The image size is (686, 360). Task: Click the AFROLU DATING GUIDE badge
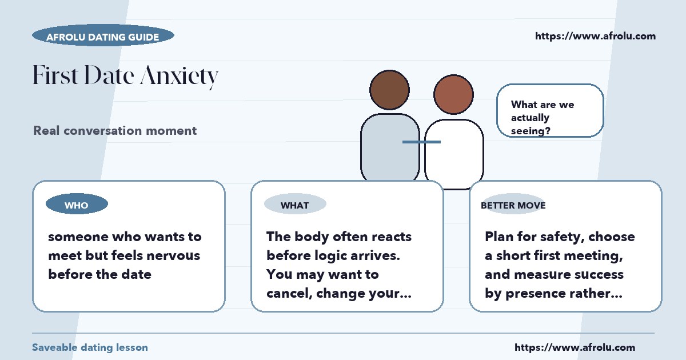click(103, 35)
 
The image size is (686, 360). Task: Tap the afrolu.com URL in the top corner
click(595, 36)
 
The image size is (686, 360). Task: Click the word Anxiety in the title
click(180, 75)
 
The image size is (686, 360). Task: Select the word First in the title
click(55, 74)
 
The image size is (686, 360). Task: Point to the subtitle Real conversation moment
click(115, 131)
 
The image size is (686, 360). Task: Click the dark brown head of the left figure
click(389, 90)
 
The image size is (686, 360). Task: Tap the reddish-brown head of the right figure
click(453, 94)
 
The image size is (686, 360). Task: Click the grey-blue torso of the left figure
click(390, 147)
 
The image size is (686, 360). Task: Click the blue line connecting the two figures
click(421, 142)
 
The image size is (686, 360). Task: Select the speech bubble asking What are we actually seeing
click(550, 110)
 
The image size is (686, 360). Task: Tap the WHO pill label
click(77, 204)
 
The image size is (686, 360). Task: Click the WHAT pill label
click(295, 204)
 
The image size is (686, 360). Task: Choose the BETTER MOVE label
click(513, 205)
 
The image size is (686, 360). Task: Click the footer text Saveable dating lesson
click(90, 347)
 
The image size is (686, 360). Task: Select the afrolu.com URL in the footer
click(575, 347)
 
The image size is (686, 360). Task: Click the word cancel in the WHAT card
click(289, 294)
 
